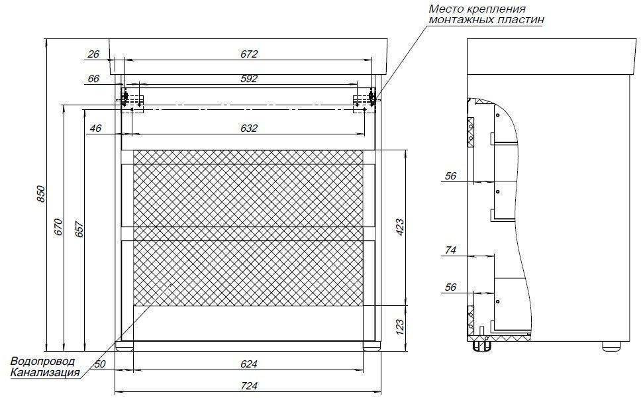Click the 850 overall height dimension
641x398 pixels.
click(40, 194)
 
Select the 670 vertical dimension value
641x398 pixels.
click(58, 226)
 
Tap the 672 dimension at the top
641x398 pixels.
click(248, 54)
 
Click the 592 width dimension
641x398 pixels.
click(248, 78)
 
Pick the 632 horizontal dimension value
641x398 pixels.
click(248, 128)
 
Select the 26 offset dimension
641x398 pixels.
click(93, 54)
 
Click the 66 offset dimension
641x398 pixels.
click(93, 78)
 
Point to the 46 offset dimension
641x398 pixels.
click(95, 128)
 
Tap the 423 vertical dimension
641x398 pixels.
click(399, 227)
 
